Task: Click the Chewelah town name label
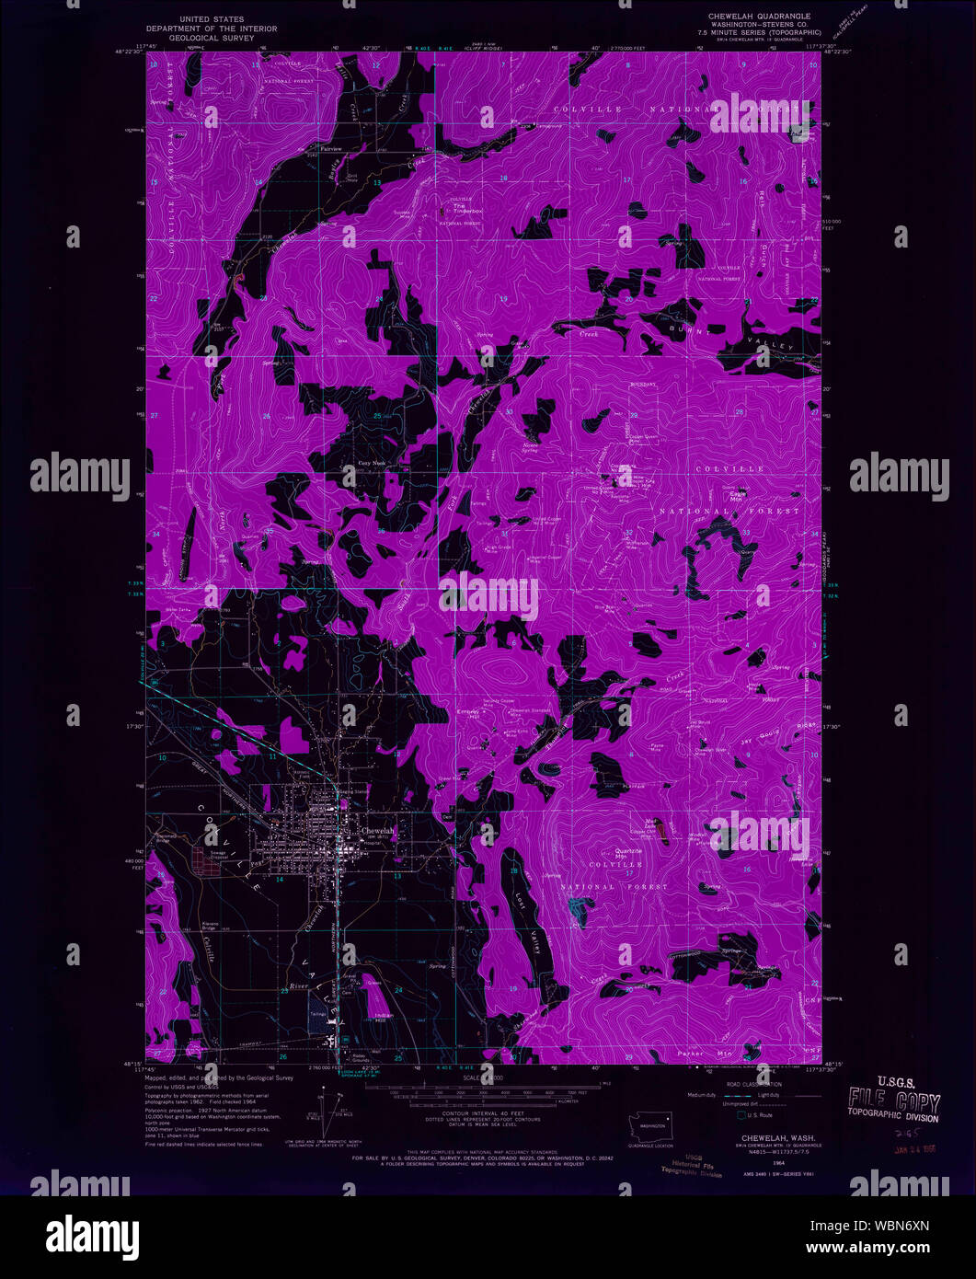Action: tap(377, 831)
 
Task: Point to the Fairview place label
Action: tap(330, 148)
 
